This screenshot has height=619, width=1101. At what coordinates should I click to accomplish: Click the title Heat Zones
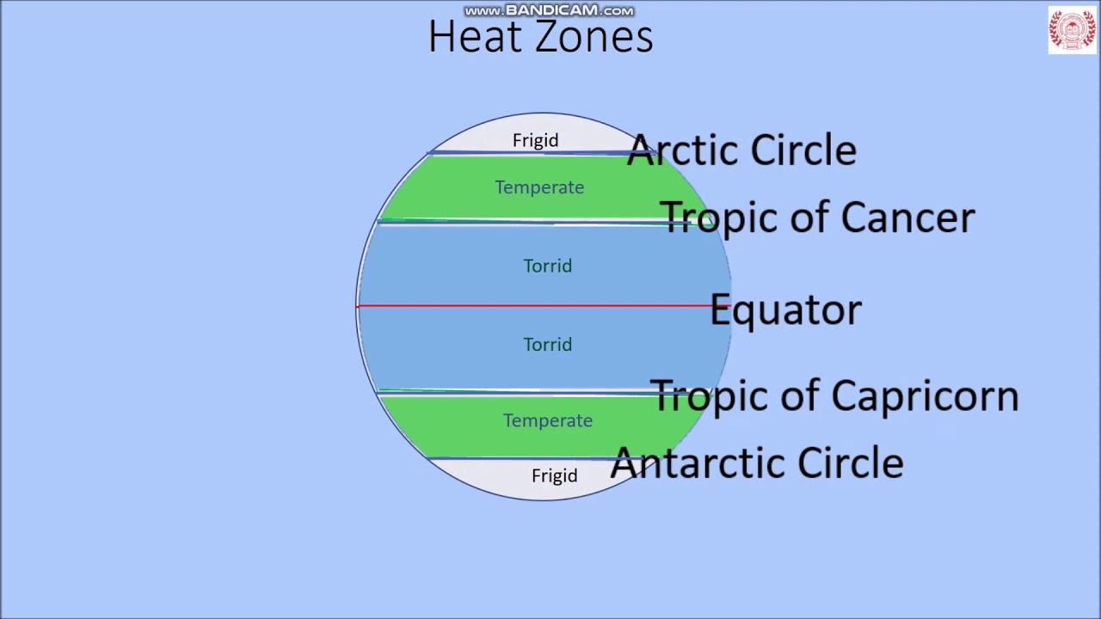click(x=540, y=38)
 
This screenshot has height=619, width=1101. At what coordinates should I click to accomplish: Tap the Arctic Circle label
click(x=741, y=150)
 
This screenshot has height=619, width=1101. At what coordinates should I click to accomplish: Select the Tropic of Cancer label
click(x=817, y=218)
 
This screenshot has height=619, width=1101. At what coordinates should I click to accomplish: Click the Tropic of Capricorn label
click(x=833, y=395)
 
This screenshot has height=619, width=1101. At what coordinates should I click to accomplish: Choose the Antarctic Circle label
click(x=757, y=463)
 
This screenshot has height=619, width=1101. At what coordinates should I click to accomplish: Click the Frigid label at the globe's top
click(x=535, y=140)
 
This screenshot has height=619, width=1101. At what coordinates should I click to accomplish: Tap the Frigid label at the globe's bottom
click(x=554, y=475)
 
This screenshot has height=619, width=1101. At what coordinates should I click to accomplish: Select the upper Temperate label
click(x=539, y=187)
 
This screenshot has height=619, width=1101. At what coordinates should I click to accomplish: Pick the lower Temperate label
click(x=548, y=420)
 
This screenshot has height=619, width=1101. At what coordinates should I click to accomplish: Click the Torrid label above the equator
click(x=547, y=266)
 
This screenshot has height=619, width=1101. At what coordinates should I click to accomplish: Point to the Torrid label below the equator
click(x=547, y=345)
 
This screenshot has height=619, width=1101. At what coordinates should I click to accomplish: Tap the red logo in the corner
click(x=1072, y=30)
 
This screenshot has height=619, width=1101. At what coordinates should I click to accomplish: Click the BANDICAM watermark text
click(x=549, y=11)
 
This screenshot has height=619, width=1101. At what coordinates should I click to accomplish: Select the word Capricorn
click(x=925, y=396)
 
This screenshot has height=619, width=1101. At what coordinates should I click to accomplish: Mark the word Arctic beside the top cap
click(x=684, y=150)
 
